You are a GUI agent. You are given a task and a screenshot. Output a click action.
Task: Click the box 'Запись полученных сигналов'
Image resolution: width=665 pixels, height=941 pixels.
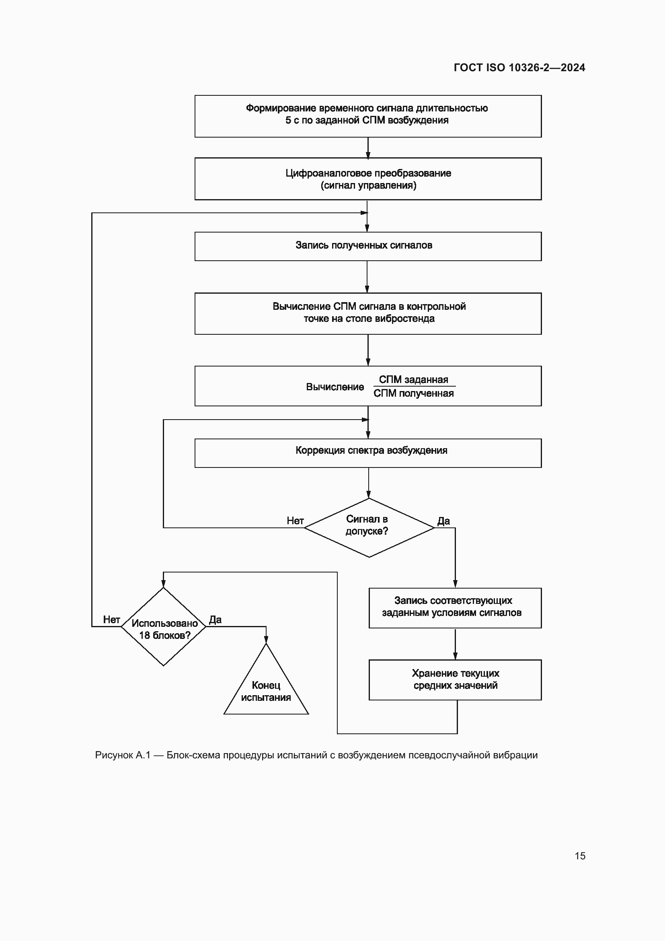368,246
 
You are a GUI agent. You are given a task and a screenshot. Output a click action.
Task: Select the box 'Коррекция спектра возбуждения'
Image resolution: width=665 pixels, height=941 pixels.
368,453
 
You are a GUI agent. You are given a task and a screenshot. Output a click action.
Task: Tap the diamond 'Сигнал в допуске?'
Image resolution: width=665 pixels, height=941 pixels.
369,527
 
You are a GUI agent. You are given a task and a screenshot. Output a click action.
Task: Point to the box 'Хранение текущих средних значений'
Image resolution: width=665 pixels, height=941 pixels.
455,679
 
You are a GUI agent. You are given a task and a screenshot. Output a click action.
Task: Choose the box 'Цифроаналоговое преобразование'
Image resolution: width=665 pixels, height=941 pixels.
368,179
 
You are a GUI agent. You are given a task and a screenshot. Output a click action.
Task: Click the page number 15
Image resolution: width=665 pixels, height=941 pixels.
580,856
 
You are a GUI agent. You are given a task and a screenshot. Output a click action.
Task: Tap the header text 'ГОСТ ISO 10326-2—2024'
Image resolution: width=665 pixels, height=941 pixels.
519,68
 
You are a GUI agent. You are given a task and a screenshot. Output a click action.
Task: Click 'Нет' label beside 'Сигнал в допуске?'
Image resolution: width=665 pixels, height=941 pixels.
295,521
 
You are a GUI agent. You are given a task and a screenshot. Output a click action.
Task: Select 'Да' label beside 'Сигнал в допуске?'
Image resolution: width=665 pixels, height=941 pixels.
443,521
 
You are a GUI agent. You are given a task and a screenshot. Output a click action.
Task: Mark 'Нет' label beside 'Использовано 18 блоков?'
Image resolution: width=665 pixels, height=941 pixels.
111,620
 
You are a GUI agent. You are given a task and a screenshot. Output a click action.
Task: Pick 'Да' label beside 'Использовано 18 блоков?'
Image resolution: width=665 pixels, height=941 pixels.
216,620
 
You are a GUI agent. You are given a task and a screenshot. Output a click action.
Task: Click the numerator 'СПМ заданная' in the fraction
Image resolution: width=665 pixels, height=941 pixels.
414,379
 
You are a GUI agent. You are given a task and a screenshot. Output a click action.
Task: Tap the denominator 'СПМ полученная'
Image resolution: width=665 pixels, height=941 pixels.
414,393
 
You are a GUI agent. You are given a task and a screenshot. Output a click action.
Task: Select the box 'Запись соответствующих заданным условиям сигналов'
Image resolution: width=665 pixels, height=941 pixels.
455,608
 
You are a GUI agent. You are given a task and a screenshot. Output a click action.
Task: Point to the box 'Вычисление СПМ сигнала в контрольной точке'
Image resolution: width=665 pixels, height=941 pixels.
368,313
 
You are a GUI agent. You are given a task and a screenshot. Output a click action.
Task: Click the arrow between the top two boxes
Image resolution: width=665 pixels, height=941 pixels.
368,148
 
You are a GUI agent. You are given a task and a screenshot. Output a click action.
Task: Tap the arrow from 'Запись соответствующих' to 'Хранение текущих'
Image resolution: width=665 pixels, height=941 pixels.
455,643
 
